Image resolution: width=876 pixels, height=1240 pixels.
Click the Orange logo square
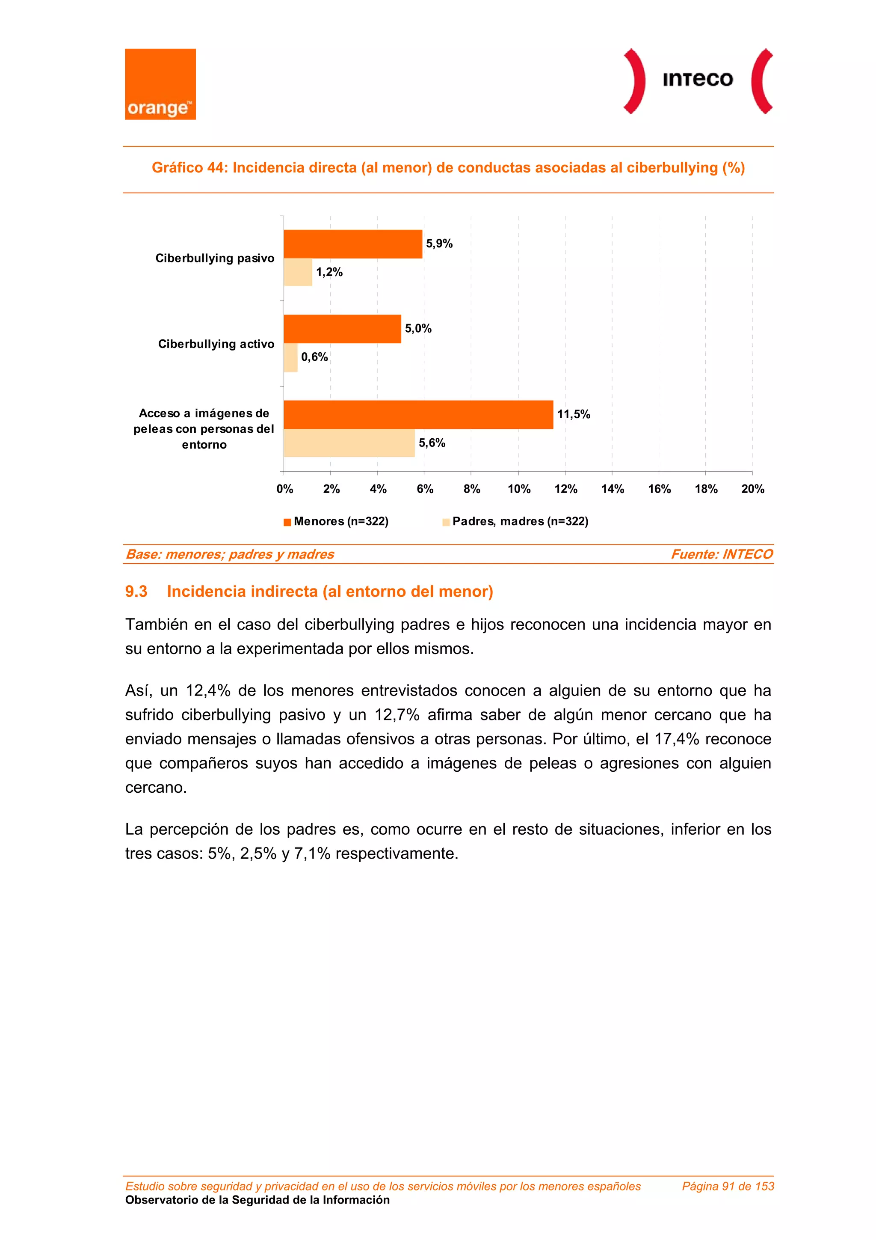(x=160, y=84)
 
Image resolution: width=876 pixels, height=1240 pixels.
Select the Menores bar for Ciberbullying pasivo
(x=352, y=244)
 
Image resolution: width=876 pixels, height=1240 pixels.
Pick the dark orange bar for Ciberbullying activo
(x=342, y=329)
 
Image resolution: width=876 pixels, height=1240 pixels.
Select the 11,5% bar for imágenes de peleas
(x=418, y=415)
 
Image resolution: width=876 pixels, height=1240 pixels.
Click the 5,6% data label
(x=432, y=443)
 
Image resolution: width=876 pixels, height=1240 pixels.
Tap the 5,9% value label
(x=439, y=244)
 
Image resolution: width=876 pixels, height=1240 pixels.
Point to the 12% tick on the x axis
(x=565, y=489)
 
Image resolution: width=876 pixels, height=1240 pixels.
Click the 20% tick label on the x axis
(x=752, y=489)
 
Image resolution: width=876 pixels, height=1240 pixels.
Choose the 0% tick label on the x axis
(x=284, y=489)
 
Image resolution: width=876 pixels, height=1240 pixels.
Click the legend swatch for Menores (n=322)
(x=288, y=522)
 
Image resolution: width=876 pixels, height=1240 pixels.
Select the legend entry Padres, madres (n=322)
(x=520, y=521)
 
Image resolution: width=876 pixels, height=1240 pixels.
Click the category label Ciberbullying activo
(x=216, y=344)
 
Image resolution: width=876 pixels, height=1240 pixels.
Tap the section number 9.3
(x=136, y=592)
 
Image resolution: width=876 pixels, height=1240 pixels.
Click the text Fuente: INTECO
(x=721, y=554)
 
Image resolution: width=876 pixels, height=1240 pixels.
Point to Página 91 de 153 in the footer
(x=728, y=1186)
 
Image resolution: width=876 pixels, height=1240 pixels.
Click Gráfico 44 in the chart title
(x=189, y=167)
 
